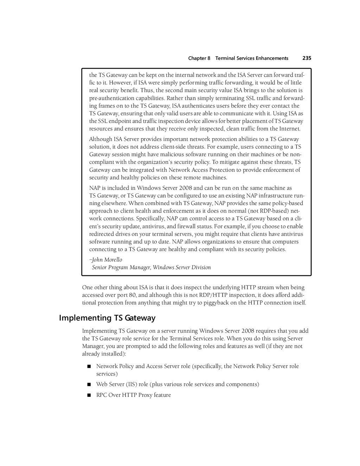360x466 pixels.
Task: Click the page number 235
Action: coord(307,58)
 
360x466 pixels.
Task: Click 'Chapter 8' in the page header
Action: coord(199,58)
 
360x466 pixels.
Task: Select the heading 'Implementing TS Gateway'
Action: coord(107,318)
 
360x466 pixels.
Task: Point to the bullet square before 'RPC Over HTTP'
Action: coord(89,395)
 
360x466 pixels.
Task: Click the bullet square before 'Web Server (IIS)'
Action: coord(89,384)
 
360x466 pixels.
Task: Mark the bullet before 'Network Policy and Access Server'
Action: coord(89,366)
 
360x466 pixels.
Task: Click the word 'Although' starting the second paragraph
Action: coord(100,139)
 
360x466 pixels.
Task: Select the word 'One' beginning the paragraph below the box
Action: coord(87,287)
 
